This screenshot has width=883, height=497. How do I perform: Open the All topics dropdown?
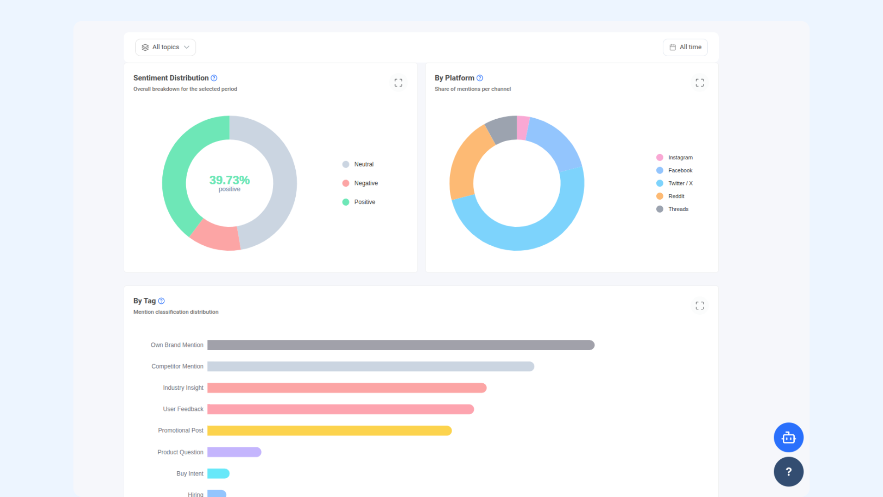pyautogui.click(x=166, y=47)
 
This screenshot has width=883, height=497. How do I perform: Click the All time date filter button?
pyautogui.click(x=685, y=47)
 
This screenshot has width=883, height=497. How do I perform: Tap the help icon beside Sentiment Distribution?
pyautogui.click(x=214, y=78)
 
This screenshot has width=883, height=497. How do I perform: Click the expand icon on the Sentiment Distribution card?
pyautogui.click(x=398, y=82)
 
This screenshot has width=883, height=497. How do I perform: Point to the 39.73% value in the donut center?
pyautogui.click(x=229, y=180)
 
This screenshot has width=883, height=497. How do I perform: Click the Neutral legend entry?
pyautogui.click(x=358, y=164)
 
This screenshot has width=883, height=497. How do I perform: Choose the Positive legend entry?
pyautogui.click(x=359, y=202)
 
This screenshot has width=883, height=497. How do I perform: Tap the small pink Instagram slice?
pyautogui.click(x=523, y=127)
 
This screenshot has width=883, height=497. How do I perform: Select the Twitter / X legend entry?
pyautogui.click(x=675, y=183)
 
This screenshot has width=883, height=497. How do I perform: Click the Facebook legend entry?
pyautogui.click(x=675, y=170)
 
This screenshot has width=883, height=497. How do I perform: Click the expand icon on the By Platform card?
pyautogui.click(x=700, y=82)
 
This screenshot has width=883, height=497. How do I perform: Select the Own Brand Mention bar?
pyautogui.click(x=401, y=345)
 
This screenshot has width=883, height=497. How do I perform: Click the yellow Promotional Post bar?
pyautogui.click(x=330, y=431)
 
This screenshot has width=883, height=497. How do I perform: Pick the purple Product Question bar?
pyautogui.click(x=235, y=452)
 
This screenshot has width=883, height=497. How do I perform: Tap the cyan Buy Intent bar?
pyautogui.click(x=218, y=474)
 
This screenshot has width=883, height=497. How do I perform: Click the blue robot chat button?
pyautogui.click(x=789, y=438)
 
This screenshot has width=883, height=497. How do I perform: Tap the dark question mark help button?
pyautogui.click(x=789, y=472)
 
